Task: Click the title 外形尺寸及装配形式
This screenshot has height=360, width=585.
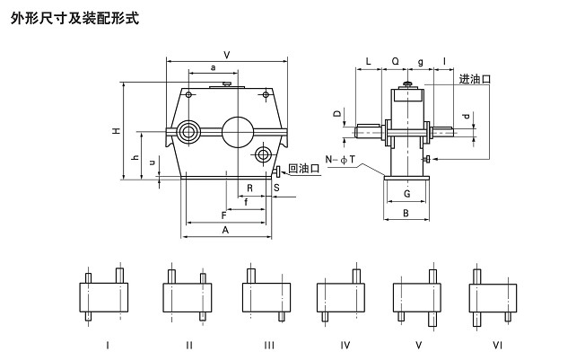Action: pos(74,17)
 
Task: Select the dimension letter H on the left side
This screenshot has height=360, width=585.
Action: pos(116,131)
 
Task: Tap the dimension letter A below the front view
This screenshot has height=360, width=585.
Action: pos(225,231)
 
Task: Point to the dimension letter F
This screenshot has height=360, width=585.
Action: pos(223,215)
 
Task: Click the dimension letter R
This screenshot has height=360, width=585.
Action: pos(249,189)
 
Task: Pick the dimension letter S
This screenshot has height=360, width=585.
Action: pos(276,189)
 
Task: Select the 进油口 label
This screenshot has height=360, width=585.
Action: pos(474,79)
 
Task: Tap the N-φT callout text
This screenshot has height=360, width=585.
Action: pos(341,159)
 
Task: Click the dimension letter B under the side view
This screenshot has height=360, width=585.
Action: pos(406,214)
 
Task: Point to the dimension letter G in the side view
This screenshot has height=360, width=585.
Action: pos(406,193)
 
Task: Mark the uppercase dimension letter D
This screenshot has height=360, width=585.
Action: pos(336,114)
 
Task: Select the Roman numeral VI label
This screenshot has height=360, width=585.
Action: pos(496,344)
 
